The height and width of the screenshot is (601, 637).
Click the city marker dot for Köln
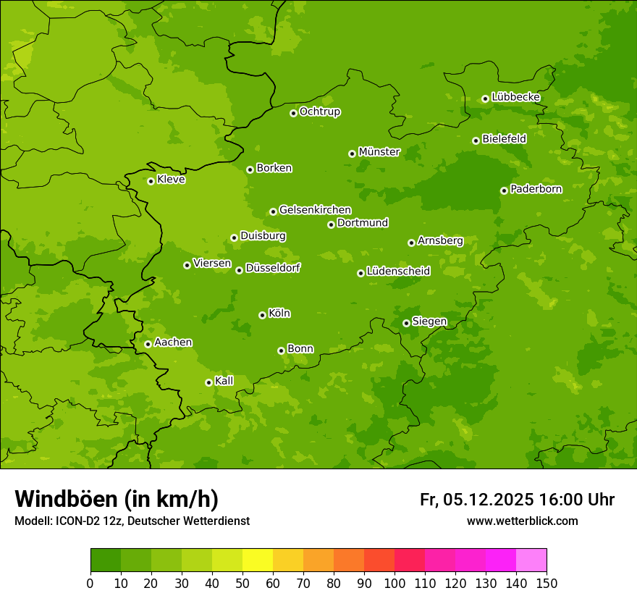tap(262, 315)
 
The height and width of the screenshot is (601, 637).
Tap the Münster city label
tap(379, 152)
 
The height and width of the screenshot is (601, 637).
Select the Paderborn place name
tap(536, 189)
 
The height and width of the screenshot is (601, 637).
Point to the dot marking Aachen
tap(148, 344)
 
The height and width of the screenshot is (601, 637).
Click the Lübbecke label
tap(515, 97)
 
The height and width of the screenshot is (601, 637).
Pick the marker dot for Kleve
tap(151, 181)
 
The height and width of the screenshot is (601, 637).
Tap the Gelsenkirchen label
tap(315, 210)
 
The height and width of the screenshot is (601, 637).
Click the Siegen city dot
tap(406, 323)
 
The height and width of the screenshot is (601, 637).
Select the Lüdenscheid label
tap(398, 272)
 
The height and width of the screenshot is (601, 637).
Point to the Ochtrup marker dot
tap(293, 113)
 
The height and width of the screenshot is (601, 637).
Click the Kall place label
tap(224, 381)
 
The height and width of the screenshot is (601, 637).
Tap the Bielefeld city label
tap(504, 138)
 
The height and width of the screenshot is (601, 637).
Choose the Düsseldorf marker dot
tap(239, 270)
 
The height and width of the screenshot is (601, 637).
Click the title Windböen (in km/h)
tap(117, 499)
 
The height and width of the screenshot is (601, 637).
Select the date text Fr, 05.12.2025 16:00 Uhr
tap(517, 500)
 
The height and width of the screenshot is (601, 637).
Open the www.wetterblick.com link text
tap(522, 521)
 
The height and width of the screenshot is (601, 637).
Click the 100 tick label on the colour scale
tap(395, 583)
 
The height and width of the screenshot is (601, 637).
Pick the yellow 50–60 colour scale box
tap(258, 560)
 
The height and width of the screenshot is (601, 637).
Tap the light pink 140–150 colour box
tap(531, 560)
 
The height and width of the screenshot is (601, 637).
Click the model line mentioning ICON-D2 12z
tap(132, 521)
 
